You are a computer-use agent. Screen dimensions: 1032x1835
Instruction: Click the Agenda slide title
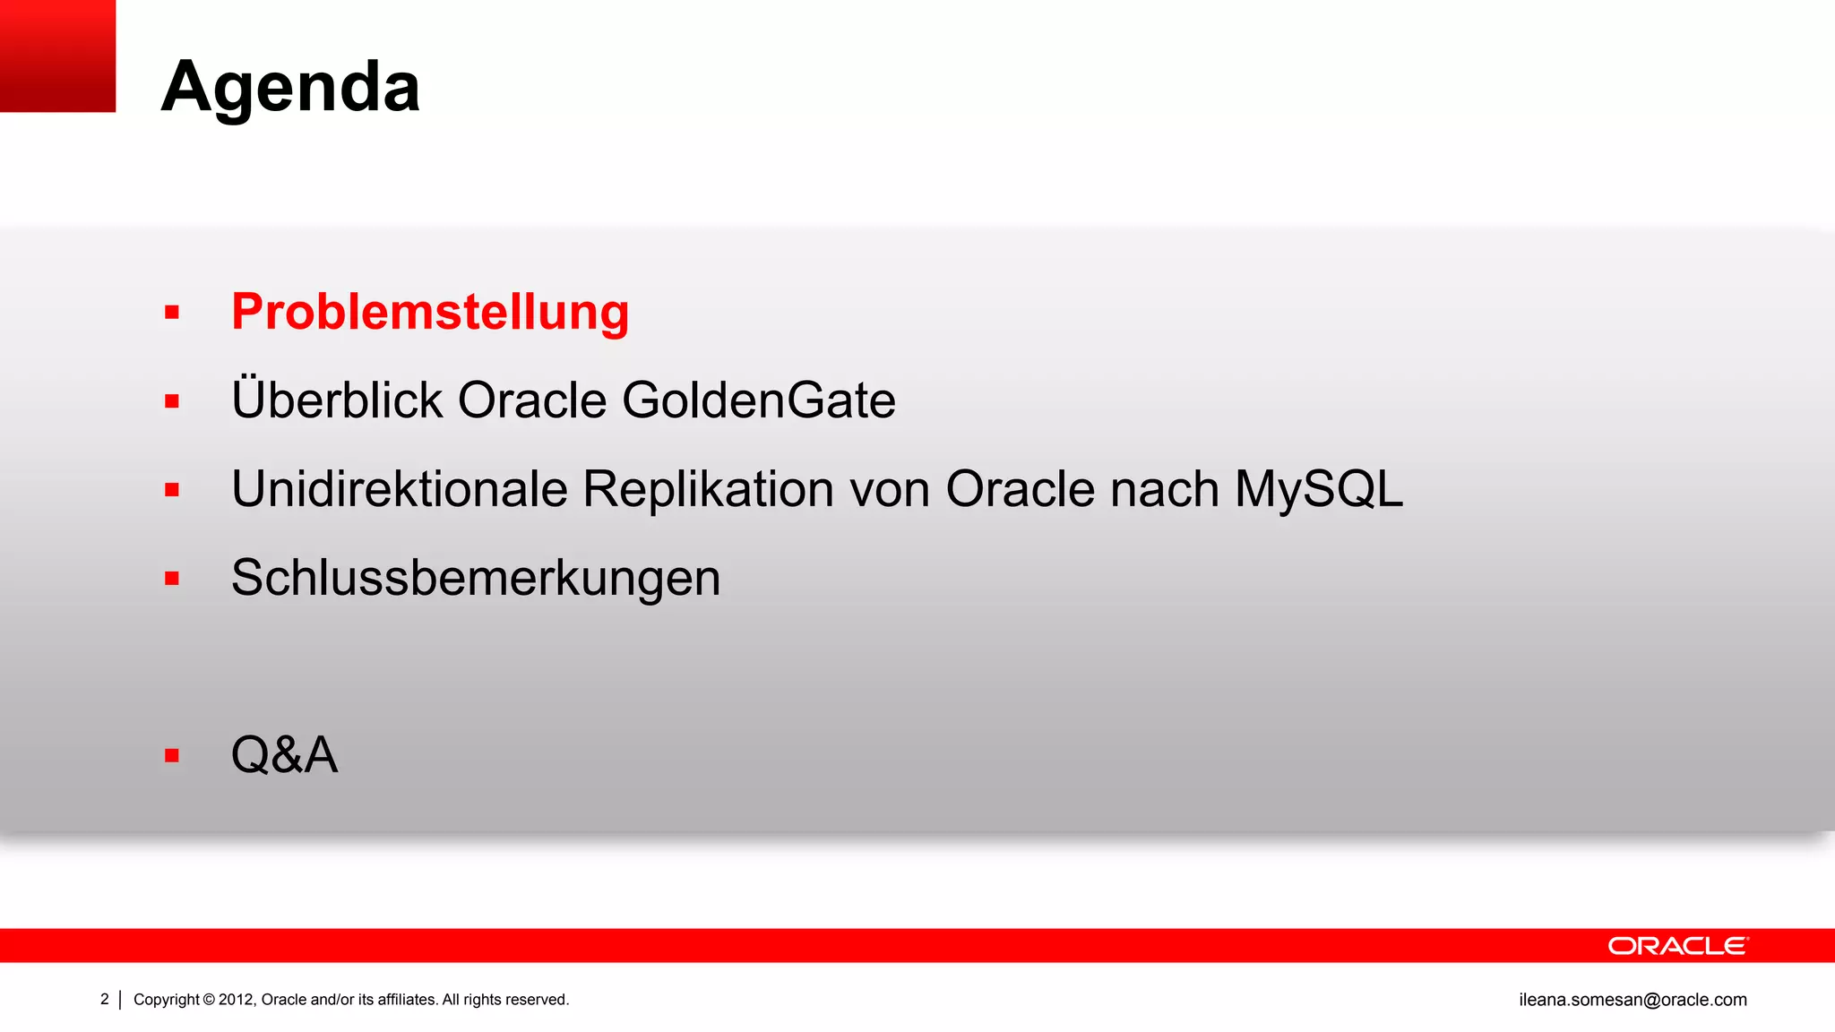click(290, 88)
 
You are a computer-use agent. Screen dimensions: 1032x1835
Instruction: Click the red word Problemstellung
click(430, 312)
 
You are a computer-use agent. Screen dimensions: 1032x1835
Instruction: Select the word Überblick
click(337, 400)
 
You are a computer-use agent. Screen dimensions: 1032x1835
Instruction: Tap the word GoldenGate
click(758, 400)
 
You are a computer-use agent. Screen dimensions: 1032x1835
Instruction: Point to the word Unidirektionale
click(400, 489)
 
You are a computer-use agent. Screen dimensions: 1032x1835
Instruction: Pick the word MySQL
click(1318, 489)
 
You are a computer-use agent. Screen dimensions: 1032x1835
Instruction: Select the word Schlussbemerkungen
click(476, 578)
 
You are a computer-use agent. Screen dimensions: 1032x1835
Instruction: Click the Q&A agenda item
click(284, 754)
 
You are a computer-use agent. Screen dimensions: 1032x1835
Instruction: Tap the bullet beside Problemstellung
click(172, 313)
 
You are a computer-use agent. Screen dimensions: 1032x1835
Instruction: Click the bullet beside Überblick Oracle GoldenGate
click(172, 401)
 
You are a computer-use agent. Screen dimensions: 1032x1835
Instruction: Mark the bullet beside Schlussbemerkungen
click(172, 579)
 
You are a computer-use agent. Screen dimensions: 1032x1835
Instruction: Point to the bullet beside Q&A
click(172, 756)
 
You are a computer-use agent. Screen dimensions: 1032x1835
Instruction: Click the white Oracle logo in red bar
click(1677, 946)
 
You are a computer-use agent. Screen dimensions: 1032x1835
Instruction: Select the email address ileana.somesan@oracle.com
click(1633, 1000)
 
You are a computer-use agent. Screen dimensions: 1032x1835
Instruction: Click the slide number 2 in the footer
click(105, 999)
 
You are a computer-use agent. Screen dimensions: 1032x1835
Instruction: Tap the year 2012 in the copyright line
click(236, 1000)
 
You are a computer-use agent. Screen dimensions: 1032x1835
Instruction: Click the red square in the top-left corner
click(57, 56)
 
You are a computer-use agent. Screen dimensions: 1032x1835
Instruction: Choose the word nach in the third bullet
click(1164, 489)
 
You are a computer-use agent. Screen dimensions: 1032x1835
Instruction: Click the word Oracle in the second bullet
click(532, 400)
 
